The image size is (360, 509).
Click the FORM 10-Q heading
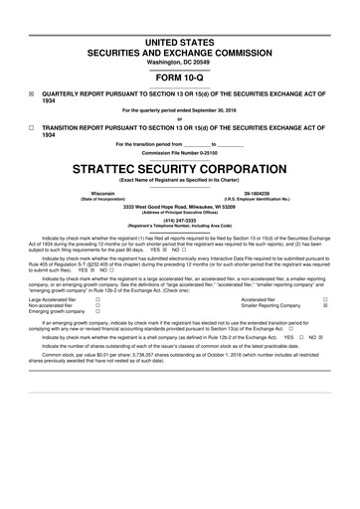tap(179, 77)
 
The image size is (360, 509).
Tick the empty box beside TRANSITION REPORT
tap(32, 128)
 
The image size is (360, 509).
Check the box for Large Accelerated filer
tap(96, 298)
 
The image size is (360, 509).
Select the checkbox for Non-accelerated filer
tap(96, 305)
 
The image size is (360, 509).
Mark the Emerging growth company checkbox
tap(96, 312)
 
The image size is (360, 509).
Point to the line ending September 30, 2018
tap(179, 110)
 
